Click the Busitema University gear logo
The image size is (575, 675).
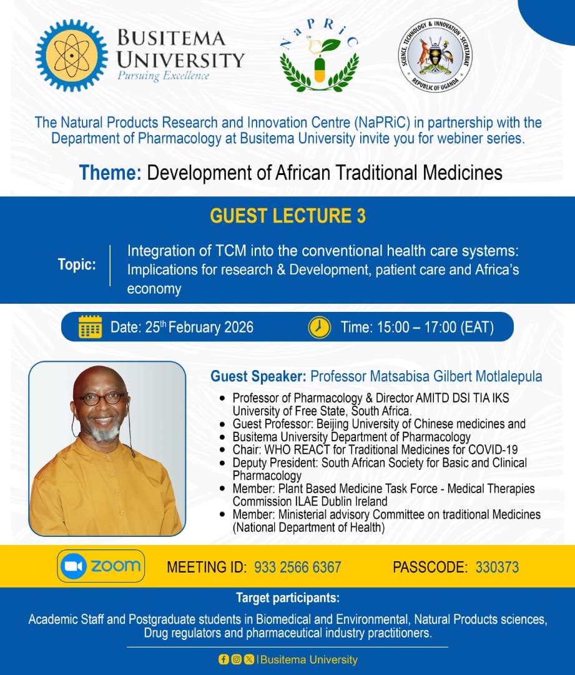pyautogui.click(x=71, y=56)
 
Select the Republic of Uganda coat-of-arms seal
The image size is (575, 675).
pyautogui.click(x=435, y=56)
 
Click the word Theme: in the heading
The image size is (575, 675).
pyautogui.click(x=110, y=172)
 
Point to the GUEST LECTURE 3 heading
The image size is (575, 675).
pyautogui.click(x=287, y=216)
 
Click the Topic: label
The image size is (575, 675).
pyautogui.click(x=77, y=264)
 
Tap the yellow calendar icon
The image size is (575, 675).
pyautogui.click(x=91, y=327)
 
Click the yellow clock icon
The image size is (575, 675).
pyautogui.click(x=320, y=327)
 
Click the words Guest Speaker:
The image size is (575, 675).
pyautogui.click(x=258, y=376)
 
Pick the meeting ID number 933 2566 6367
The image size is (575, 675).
pyautogui.click(x=297, y=567)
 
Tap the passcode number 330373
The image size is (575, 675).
pyautogui.click(x=497, y=567)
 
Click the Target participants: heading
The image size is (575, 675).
pyautogui.click(x=287, y=598)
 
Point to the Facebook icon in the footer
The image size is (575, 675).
pyautogui.click(x=223, y=659)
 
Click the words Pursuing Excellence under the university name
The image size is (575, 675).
pyautogui.click(x=163, y=76)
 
